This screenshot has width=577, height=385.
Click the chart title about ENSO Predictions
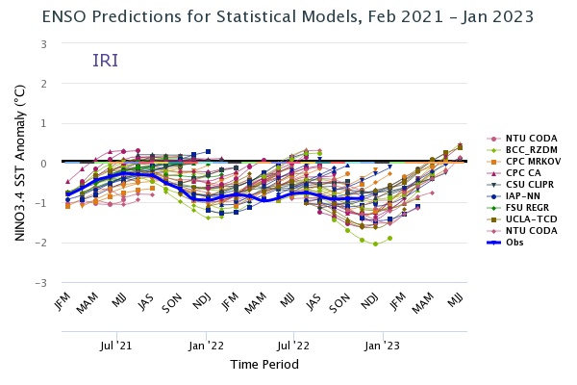(288, 16)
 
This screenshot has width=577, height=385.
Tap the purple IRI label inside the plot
(105, 61)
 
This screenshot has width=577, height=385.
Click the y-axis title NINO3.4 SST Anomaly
(20, 164)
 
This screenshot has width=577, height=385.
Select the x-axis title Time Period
(264, 365)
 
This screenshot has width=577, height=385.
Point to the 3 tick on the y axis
(44, 44)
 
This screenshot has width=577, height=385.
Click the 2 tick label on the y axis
(44, 84)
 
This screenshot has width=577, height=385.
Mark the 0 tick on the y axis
(44, 164)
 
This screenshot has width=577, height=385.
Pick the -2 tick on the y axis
(41, 244)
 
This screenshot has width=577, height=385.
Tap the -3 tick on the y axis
(41, 283)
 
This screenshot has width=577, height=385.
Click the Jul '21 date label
(115, 344)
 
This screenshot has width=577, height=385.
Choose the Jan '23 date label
(383, 344)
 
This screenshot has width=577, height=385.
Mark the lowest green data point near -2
(375, 244)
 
